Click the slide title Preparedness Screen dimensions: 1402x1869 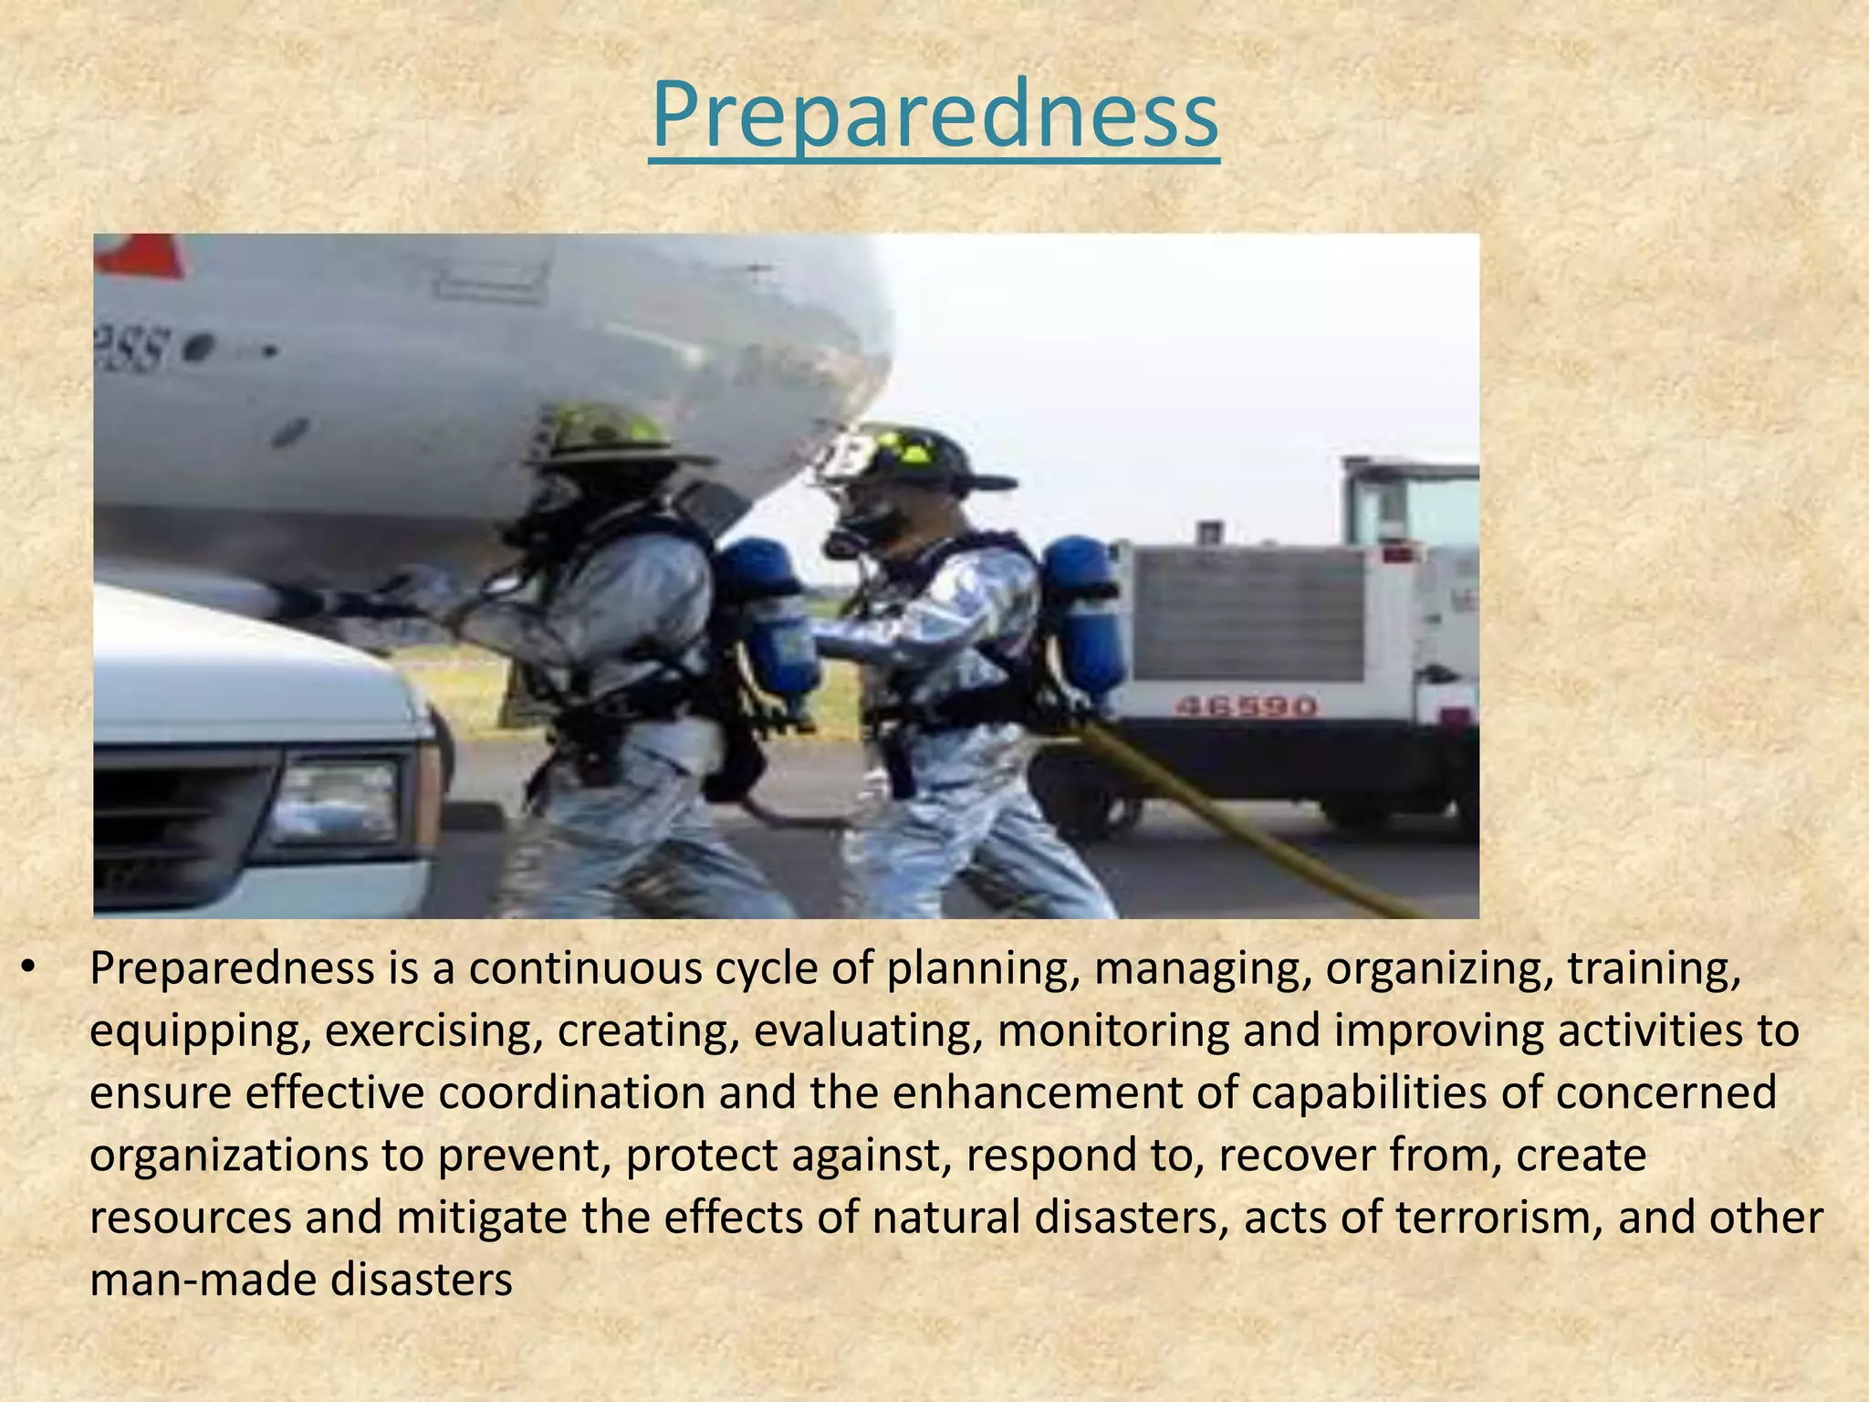pyautogui.click(x=934, y=117)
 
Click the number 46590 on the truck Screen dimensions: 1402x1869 pyautogui.click(x=1245, y=706)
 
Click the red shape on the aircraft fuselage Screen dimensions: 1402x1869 pyautogui.click(x=141, y=256)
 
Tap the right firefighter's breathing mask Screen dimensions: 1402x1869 pyautogui.click(x=862, y=525)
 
